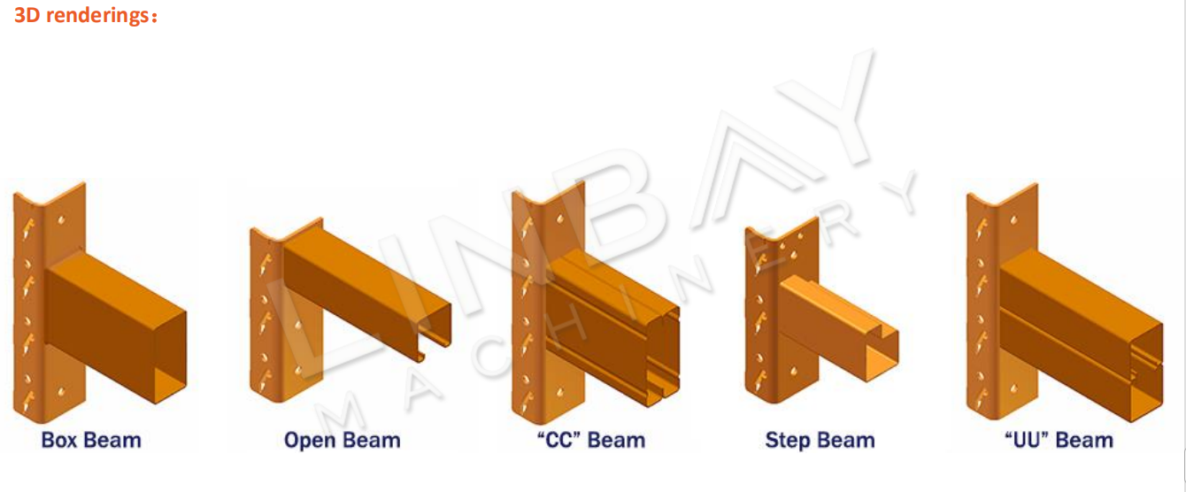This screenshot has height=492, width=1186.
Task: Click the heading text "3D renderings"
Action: [81, 15]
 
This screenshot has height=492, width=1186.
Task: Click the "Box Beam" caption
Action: [91, 440]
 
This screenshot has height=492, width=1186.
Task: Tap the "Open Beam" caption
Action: [342, 441]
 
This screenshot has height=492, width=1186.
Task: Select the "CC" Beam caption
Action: [591, 440]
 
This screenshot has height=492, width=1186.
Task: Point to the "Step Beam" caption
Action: [820, 441]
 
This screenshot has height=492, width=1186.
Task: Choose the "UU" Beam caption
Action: [1059, 440]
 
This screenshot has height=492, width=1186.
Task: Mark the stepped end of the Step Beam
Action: [882, 353]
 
